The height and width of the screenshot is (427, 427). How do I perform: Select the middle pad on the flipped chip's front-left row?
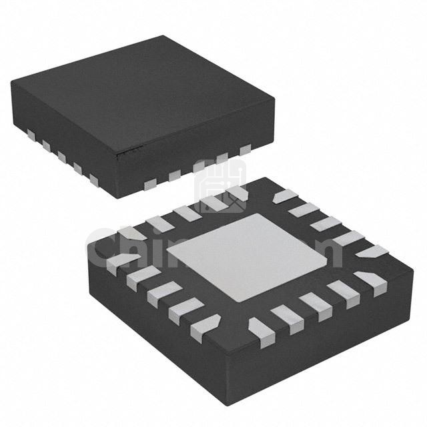coord(161,291)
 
